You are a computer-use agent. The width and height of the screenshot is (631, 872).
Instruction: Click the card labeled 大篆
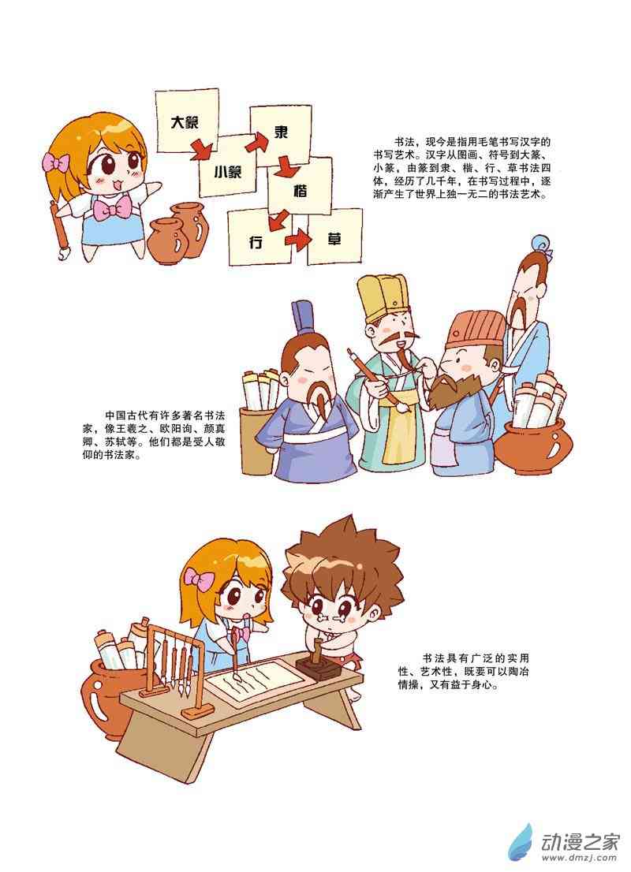186,121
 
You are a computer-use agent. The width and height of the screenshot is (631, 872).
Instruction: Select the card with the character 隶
281,134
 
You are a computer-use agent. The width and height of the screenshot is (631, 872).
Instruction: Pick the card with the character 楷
301,189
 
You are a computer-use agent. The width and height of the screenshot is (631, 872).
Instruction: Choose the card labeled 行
259,238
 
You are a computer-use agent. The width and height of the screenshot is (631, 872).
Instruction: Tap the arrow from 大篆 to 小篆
200,149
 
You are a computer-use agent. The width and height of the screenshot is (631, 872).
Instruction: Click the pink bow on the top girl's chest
110,211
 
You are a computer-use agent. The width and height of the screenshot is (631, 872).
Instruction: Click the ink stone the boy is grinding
317,665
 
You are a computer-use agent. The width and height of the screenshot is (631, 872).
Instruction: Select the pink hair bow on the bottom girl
200,579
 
